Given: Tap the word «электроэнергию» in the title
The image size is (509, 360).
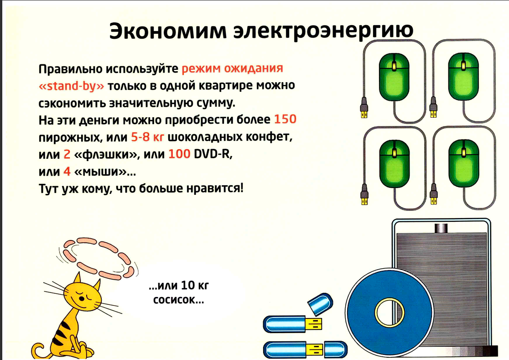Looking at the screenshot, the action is coord(324,31).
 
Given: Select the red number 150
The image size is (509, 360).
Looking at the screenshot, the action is coord(286,119).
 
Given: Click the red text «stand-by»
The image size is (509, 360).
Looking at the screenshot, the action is coord(72,86).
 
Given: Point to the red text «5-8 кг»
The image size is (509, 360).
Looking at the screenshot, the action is coord(147,137).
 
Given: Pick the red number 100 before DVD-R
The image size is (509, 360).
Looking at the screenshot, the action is coord(179,154).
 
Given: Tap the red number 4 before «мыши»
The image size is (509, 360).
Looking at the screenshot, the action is coord(67,171).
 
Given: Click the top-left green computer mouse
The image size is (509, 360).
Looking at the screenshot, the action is coord(394,77).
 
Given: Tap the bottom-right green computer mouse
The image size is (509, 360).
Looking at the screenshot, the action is coord(463,164).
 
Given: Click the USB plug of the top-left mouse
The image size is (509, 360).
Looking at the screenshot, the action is coord(364,108).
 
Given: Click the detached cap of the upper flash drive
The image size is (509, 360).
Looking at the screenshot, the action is coord(320,304).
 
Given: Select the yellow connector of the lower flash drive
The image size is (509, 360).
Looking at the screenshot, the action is coord(315,350).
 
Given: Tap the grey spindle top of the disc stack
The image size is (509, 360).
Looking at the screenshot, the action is coord(441,228).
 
